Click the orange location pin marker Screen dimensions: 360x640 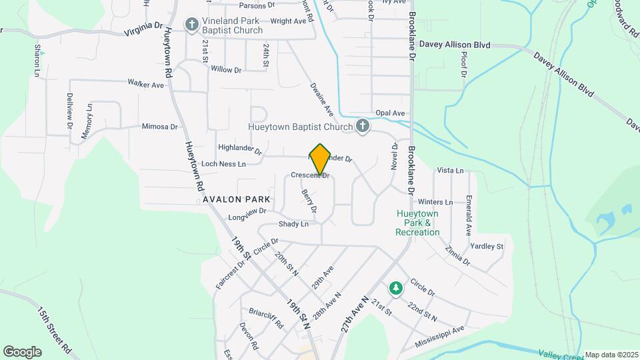pyautogui.click(x=320, y=159)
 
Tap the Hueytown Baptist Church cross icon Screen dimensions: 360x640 pyautogui.click(x=363, y=127)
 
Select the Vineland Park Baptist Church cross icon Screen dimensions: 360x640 pyautogui.click(x=192, y=25)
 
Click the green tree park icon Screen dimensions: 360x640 pyautogui.click(x=396, y=287)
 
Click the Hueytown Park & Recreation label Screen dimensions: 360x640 pyautogui.click(x=417, y=223)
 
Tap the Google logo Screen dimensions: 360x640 pyautogui.click(x=22, y=352)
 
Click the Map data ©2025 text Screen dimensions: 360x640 pyautogui.click(x=611, y=355)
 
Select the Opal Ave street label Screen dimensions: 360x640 pyautogui.click(x=390, y=113)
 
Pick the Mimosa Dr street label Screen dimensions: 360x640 pyautogui.click(x=159, y=126)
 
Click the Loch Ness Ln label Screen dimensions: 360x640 pyautogui.click(x=223, y=163)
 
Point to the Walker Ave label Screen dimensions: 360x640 pyautogui.click(x=146, y=85)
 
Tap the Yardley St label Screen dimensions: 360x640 pyautogui.click(x=487, y=246)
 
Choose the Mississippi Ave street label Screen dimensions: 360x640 pyautogui.click(x=439, y=335)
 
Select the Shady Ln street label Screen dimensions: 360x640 pyautogui.click(x=293, y=224)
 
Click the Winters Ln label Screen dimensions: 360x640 pyautogui.click(x=435, y=202)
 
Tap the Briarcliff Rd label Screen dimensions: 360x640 pyautogui.click(x=267, y=318)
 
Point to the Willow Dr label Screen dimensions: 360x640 pyautogui.click(x=226, y=69)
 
